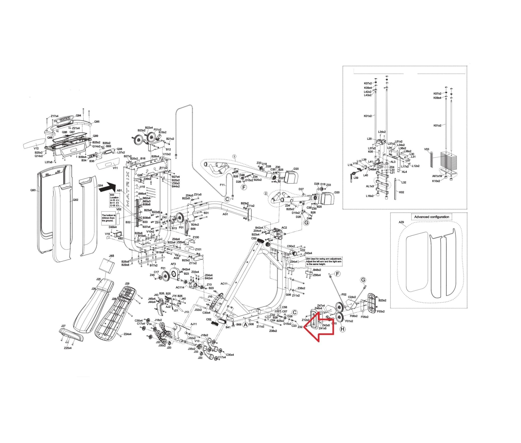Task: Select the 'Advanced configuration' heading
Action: pyautogui.click(x=431, y=217)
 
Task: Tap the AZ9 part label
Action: pyautogui.click(x=401, y=222)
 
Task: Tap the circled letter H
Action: pyautogui.click(x=343, y=329)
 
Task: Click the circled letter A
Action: pyautogui.click(x=245, y=325)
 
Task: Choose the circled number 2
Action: pyautogui.click(x=266, y=193)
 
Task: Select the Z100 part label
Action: pyautogui.click(x=196, y=237)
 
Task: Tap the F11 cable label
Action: pyautogui.click(x=222, y=185)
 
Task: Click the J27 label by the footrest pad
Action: pyautogui.click(x=63, y=326)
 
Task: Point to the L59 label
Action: pyautogui.click(x=356, y=178)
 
